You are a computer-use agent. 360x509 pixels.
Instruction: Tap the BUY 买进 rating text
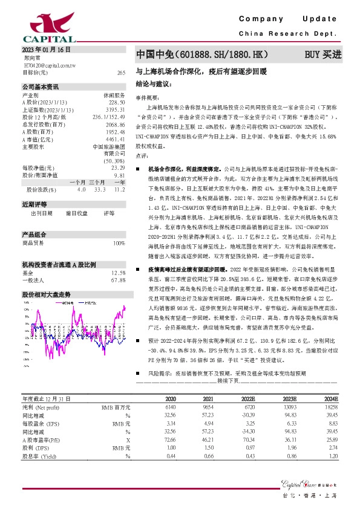(323, 54)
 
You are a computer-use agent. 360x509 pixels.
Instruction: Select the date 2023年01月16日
(46, 49)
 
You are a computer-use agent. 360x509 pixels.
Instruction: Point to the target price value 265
(121, 72)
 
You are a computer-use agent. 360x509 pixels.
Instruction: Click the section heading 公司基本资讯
(41, 87)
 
